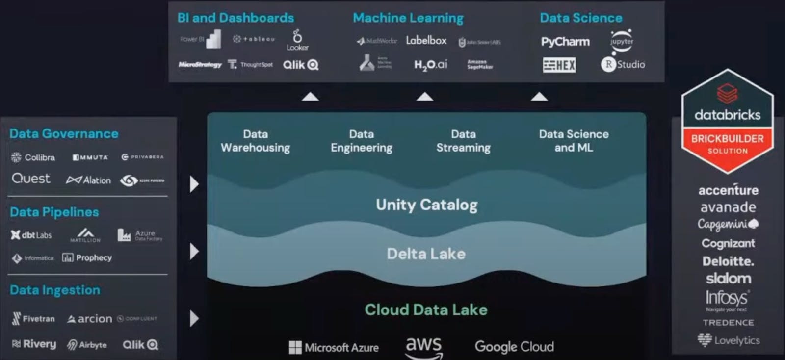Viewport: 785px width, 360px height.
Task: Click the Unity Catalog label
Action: (426, 205)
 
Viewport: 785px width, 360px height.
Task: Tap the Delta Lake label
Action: (426, 254)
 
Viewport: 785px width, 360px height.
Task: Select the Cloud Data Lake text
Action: (426, 309)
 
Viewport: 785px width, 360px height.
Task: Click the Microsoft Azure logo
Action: (334, 347)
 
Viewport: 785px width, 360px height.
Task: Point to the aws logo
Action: (424, 347)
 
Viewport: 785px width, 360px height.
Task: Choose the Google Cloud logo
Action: (514, 347)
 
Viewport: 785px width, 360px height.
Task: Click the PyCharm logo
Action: (565, 42)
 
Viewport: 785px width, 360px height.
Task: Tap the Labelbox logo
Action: (426, 41)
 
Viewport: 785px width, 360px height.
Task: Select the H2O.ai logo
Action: (430, 65)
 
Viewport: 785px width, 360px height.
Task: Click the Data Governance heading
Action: (64, 133)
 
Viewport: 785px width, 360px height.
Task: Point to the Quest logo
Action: (31, 179)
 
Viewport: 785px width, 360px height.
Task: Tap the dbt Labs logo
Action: (31, 235)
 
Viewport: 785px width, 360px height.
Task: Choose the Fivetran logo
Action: (33, 319)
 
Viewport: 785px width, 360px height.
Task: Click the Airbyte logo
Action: (87, 345)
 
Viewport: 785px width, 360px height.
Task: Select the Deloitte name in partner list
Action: (728, 261)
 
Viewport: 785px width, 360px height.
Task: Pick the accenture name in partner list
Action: (728, 190)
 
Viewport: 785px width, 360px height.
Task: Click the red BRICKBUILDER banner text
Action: (727, 139)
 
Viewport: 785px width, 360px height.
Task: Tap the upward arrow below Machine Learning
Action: (424, 97)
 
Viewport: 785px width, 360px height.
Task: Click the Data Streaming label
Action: (463, 141)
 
